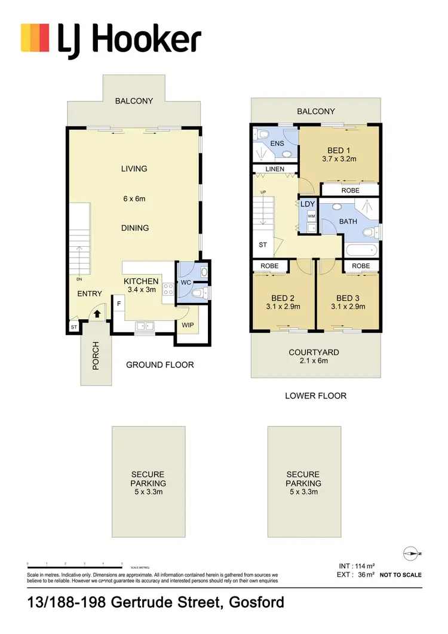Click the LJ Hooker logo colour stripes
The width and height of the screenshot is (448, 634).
coord(35,38)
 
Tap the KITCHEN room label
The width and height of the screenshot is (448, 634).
coord(141,281)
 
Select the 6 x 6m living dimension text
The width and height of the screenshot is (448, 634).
coord(135,199)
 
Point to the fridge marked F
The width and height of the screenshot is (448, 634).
coord(119,304)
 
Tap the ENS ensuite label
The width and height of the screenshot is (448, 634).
coord(277,143)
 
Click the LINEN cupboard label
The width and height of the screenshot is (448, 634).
coord(275,169)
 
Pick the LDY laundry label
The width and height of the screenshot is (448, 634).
coord(308,204)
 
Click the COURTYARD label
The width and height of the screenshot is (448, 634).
coord(314,352)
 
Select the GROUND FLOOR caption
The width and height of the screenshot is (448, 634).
coord(159,365)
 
